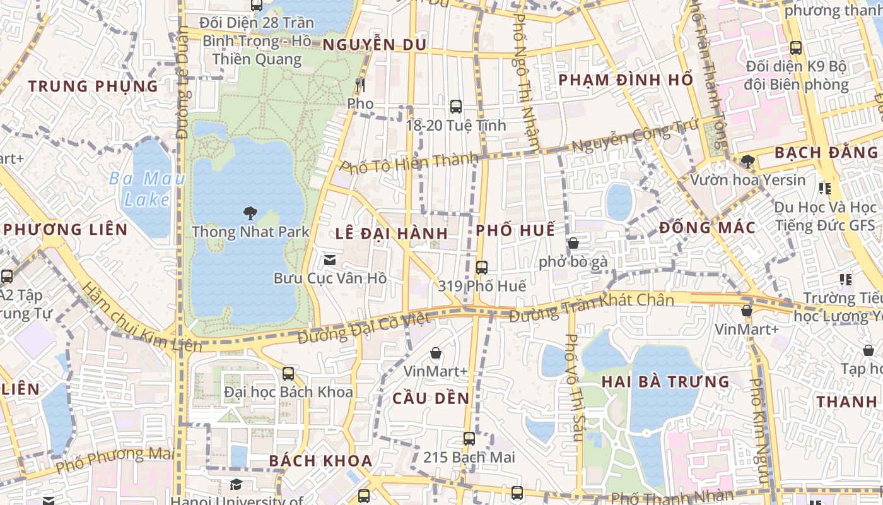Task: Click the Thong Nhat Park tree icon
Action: (250, 213)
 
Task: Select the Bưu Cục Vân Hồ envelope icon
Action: (329, 259)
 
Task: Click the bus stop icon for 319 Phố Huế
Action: (482, 267)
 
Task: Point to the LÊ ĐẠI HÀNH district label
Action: (391, 234)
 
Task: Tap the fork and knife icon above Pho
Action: (360, 85)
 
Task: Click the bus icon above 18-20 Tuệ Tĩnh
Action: (456, 107)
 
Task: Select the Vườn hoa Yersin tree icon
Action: (747, 162)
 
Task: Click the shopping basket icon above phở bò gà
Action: (573, 243)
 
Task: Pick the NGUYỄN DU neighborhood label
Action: (375, 45)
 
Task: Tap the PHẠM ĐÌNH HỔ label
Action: (626, 80)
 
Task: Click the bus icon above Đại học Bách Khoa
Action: (288, 373)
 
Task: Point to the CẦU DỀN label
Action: (431, 398)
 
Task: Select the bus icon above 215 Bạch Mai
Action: (469, 438)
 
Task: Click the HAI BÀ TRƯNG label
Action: (665, 382)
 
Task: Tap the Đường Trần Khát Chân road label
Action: (591, 307)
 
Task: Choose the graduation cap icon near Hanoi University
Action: (236, 484)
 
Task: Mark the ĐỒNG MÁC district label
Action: (707, 228)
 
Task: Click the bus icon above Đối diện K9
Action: (796, 47)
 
